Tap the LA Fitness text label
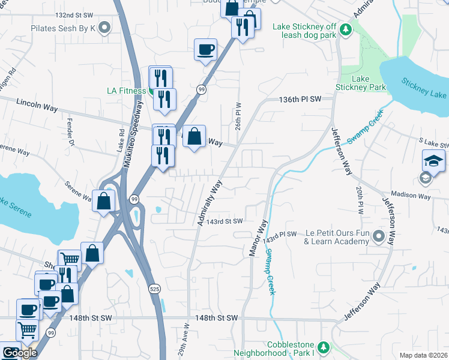pos(126,91)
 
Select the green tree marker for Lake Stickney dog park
pos(345,29)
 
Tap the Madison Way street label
pos(411,196)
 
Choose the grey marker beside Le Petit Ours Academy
pos(378,236)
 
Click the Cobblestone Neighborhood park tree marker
pos(323,347)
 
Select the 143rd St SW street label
pos(224,221)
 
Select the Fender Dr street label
pos(70,135)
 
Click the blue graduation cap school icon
pos(433,160)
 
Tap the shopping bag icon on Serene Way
pos(104,201)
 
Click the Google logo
pos(19,353)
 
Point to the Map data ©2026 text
pos(423,355)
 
